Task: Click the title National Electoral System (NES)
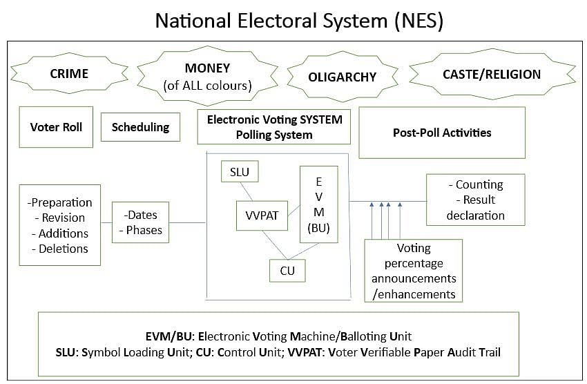[x=298, y=20]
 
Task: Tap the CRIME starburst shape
[x=69, y=73]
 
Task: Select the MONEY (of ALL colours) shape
[x=207, y=77]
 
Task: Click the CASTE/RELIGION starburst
[x=492, y=74]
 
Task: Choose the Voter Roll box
[x=56, y=127]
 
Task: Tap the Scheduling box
[x=140, y=127]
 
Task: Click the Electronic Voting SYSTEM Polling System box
[x=274, y=126]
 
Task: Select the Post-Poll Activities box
[x=442, y=132]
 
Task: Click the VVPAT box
[x=261, y=215]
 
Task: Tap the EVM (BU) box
[x=318, y=204]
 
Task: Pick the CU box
[x=287, y=270]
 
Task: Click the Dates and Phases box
[x=141, y=222]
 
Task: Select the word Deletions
[x=60, y=249]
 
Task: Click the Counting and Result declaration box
[x=475, y=200]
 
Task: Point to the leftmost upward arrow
[x=372, y=221]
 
